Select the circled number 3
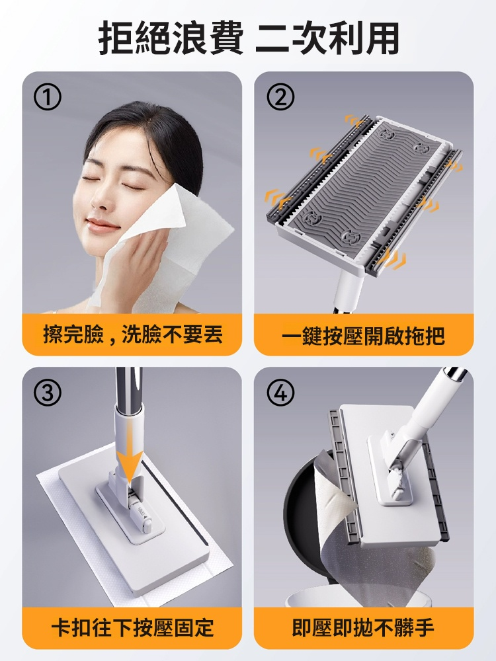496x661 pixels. [47, 393]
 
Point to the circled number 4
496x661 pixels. [280, 393]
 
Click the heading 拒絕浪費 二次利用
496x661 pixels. [249, 39]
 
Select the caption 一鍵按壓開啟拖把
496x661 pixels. [363, 336]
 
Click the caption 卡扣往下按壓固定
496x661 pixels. [133, 628]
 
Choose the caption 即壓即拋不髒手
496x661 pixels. [363, 628]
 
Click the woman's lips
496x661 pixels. [101, 225]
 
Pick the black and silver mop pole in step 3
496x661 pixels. [129, 389]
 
